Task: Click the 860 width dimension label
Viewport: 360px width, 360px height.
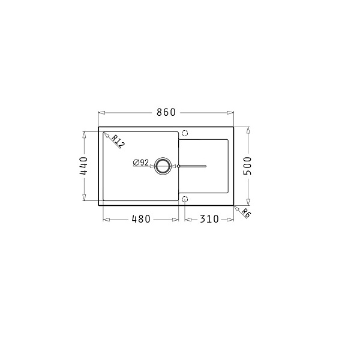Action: point(166,112)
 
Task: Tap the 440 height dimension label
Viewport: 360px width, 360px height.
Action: point(83,166)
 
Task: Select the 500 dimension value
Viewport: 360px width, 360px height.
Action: point(247,166)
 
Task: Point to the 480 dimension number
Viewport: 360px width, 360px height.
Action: point(141,219)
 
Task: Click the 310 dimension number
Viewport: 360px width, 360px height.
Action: point(209,219)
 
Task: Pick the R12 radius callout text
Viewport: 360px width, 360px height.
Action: point(118,141)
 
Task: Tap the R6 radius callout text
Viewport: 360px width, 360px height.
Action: point(246,213)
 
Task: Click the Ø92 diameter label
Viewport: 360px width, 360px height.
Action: point(141,163)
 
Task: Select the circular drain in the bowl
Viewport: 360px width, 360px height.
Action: point(163,166)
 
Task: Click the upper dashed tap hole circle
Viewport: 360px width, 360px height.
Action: point(185,133)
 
